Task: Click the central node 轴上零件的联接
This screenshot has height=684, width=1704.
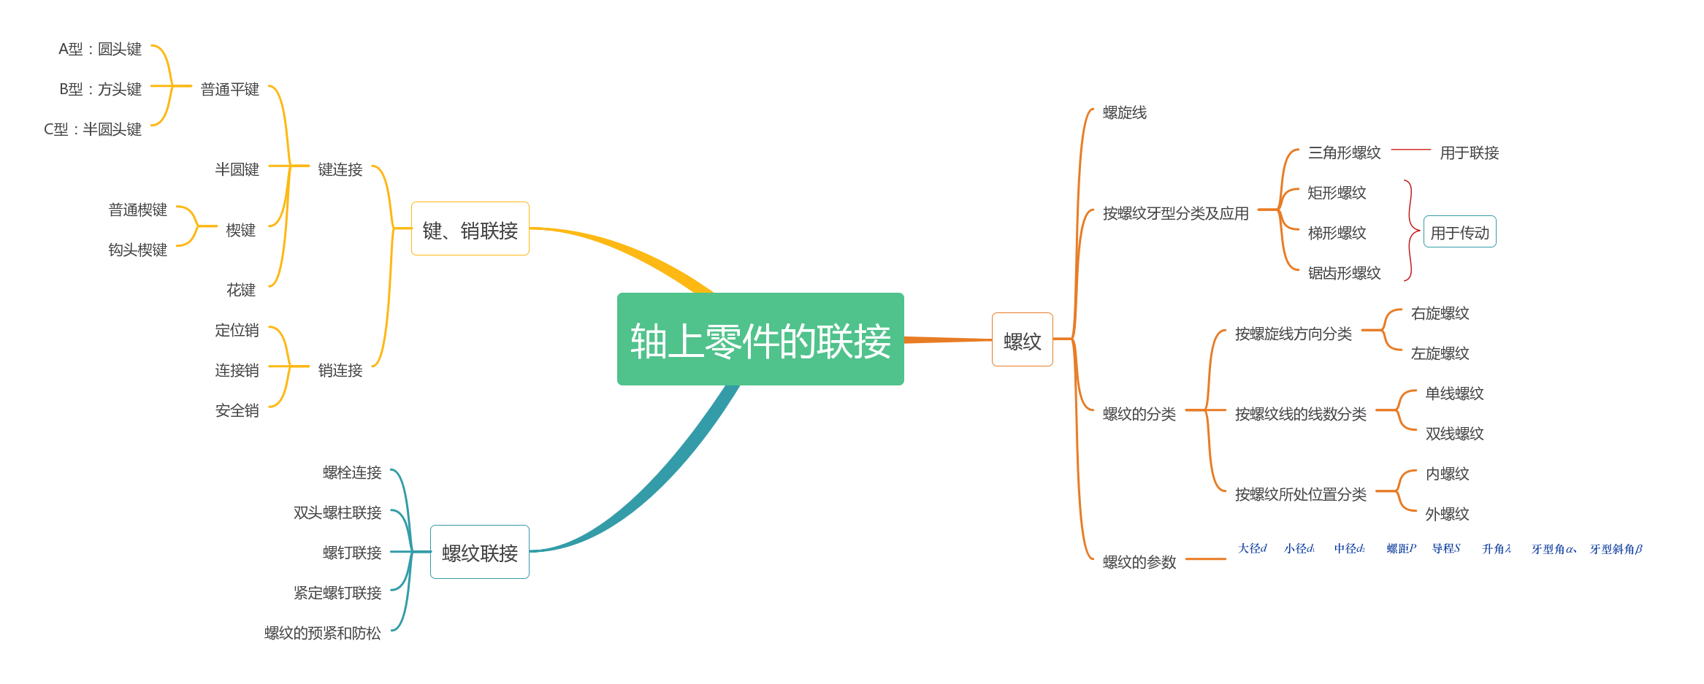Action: coord(760,339)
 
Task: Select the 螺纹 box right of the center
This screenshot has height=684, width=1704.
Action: coord(1022,339)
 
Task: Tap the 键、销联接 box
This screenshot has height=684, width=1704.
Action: coord(470,229)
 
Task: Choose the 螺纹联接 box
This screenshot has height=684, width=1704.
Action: coord(479,552)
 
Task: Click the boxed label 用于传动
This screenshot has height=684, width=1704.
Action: coord(1459,232)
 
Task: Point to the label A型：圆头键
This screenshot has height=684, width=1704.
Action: coord(100,49)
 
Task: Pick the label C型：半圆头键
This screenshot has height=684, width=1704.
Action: coord(93,129)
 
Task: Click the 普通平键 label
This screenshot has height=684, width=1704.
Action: coord(229,89)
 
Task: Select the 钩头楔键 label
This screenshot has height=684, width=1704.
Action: coord(137,250)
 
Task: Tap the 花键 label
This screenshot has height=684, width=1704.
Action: coord(240,290)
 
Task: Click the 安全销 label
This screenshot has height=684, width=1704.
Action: coord(237,410)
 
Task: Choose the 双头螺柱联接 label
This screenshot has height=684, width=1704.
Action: coord(337,512)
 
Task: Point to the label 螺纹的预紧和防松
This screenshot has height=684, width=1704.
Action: coord(322,633)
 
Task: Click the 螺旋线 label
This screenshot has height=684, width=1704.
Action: coord(1124,112)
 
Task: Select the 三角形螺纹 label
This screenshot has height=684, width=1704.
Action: coord(1344,153)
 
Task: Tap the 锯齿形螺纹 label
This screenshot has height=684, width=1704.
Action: coord(1344,273)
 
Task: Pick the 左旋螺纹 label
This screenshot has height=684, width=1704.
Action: coord(1440,353)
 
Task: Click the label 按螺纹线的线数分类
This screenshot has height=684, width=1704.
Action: coord(1300,414)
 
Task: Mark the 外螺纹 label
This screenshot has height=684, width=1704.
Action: coord(1447,514)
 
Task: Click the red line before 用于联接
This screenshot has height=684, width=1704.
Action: coord(1410,150)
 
